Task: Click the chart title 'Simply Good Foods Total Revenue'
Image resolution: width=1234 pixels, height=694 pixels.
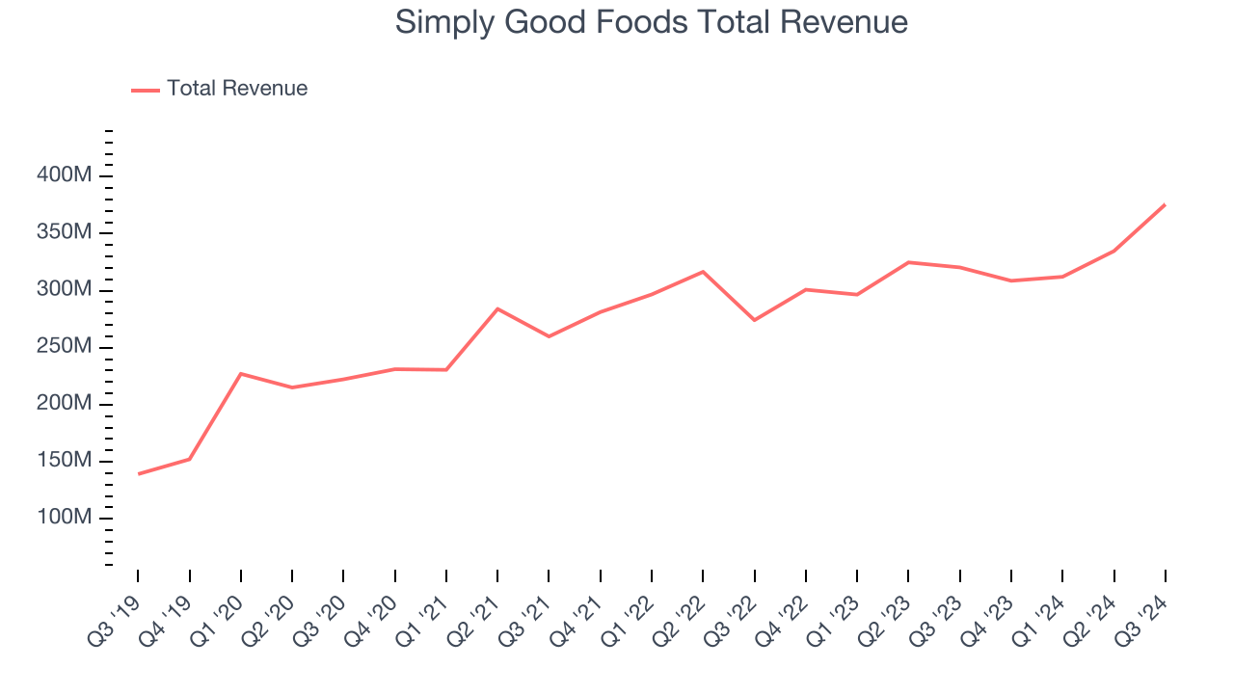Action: tap(651, 22)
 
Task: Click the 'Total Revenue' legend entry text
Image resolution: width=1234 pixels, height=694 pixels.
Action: tap(237, 89)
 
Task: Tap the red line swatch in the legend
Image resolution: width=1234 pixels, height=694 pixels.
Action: tap(146, 90)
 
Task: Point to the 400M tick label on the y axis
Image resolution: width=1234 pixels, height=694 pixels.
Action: tap(65, 175)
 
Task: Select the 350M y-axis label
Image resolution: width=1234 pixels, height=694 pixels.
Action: tap(65, 233)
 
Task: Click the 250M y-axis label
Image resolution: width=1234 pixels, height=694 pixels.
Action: tap(65, 347)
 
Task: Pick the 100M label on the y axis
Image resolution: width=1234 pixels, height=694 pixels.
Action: tap(65, 519)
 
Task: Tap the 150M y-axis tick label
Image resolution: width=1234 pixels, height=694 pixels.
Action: tap(65, 461)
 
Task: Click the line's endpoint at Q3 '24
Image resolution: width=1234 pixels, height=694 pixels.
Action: tap(1165, 204)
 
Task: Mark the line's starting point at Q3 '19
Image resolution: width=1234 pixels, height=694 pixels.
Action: tap(138, 473)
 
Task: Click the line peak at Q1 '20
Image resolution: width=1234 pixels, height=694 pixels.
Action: tap(240, 373)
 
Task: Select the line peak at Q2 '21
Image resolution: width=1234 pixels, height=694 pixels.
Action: tap(497, 308)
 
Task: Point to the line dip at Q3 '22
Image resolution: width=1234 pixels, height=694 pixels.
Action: tap(754, 320)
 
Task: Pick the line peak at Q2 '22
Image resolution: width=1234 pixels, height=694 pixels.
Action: tap(703, 272)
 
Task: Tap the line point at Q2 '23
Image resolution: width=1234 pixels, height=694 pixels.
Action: tap(908, 262)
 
